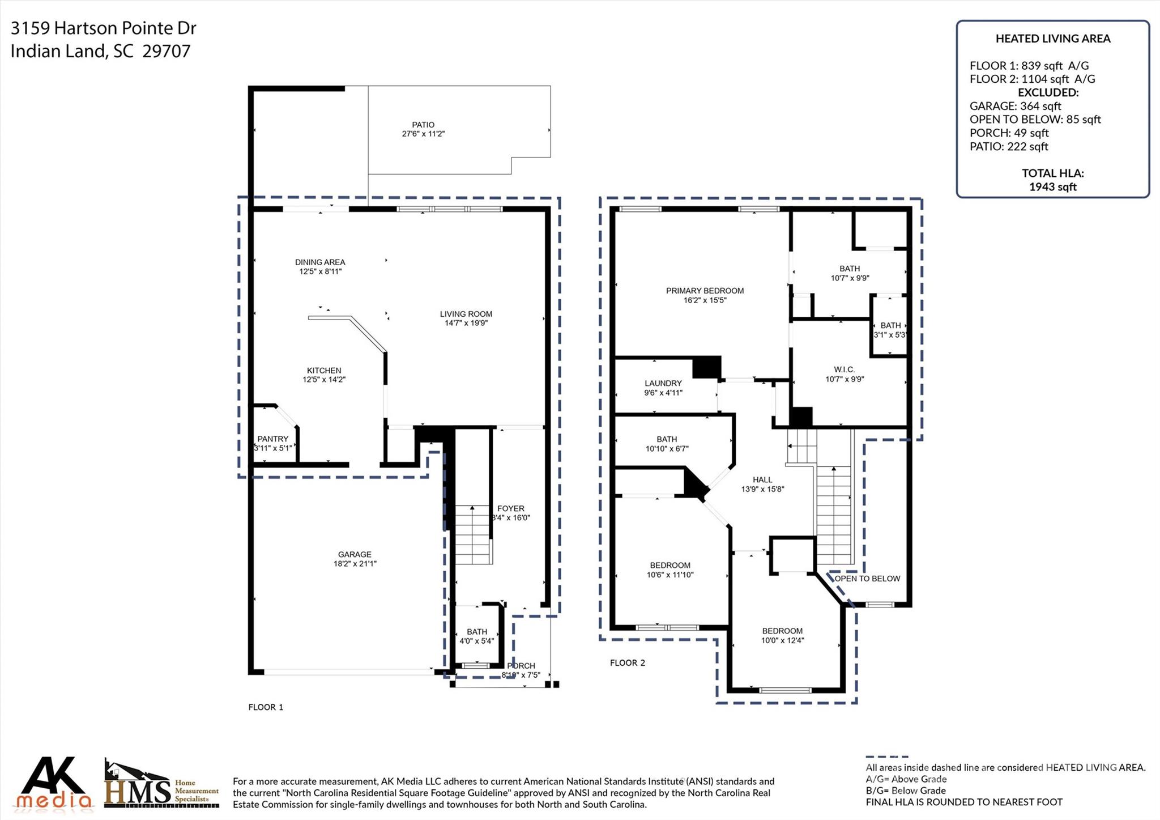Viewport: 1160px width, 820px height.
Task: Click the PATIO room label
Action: click(x=423, y=125)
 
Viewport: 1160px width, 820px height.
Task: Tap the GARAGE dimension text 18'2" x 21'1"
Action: click(x=355, y=564)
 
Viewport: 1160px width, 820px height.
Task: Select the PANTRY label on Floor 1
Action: click(x=272, y=439)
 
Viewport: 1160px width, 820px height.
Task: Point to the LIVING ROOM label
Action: click(x=466, y=314)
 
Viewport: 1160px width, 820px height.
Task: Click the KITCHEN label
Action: click(x=324, y=370)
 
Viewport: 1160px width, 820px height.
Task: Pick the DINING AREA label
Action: click(x=320, y=262)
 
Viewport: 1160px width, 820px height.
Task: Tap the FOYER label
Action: click(x=511, y=508)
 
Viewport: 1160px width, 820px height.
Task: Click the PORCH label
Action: click(x=521, y=666)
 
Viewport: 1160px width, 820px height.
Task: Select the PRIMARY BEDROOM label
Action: click(x=705, y=291)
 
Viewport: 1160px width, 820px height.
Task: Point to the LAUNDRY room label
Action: click(x=663, y=383)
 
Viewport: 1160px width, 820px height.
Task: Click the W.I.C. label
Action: click(x=844, y=369)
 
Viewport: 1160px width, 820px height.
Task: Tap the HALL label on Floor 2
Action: click(x=762, y=479)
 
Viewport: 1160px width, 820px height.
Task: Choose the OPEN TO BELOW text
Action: click(x=867, y=579)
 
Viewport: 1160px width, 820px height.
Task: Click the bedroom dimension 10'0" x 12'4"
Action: click(x=782, y=640)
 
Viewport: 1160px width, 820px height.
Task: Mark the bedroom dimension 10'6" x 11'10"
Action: click(x=670, y=575)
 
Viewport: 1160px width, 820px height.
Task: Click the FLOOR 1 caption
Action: click(x=266, y=707)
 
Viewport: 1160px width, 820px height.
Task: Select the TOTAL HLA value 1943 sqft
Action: click(x=1052, y=187)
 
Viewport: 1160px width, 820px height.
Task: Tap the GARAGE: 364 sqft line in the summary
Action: click(x=1015, y=106)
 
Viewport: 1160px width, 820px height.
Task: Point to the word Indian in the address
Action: click(x=36, y=51)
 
